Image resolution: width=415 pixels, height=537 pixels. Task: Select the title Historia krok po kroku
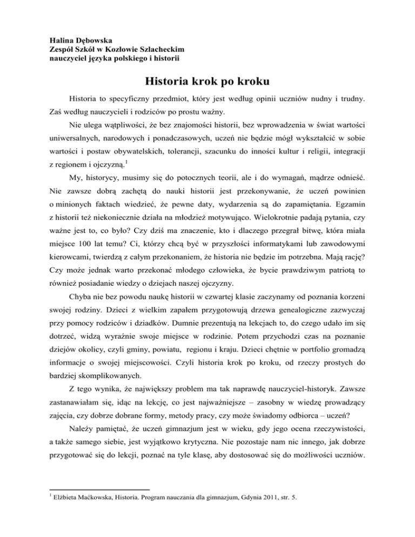[x=207, y=83]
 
